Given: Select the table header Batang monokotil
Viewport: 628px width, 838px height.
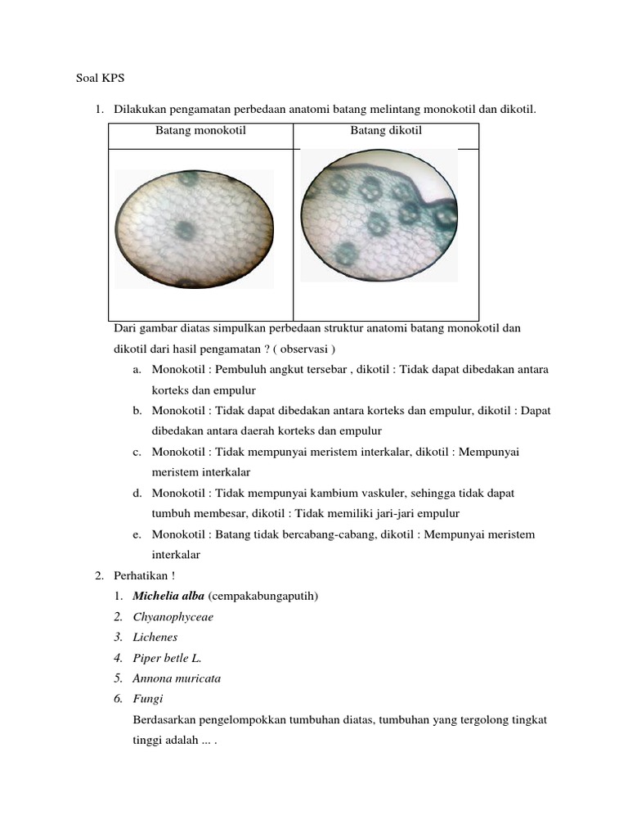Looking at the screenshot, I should tap(200, 130).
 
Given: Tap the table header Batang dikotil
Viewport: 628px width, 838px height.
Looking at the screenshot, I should tap(386, 130).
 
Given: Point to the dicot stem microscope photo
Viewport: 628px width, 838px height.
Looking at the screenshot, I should tap(379, 216).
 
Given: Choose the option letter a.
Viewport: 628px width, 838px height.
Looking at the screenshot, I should tap(137, 370).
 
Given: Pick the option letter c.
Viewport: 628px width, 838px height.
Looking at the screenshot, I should tap(137, 452).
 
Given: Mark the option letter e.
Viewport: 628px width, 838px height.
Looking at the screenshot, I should tap(137, 534).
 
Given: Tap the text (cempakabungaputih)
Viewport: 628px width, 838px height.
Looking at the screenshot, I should tap(263, 596).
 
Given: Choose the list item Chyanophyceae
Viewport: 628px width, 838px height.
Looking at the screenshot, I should tap(173, 617).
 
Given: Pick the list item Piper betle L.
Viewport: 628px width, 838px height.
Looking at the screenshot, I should tap(167, 658).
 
